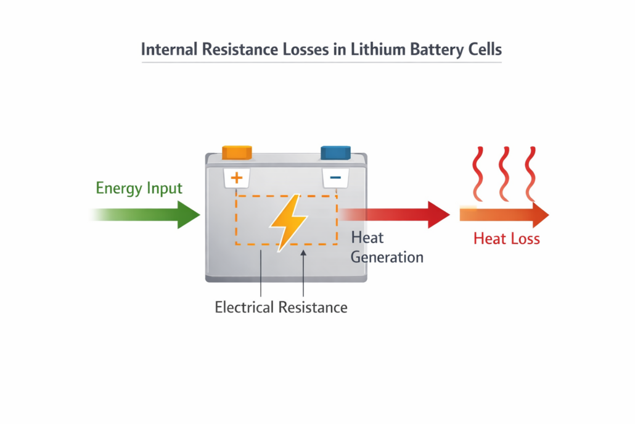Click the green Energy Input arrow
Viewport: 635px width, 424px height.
point(166,215)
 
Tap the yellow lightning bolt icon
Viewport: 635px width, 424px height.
point(287,222)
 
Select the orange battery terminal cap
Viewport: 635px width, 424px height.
point(237,152)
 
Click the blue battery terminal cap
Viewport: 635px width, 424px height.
point(335,152)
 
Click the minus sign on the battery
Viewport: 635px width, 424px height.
point(335,178)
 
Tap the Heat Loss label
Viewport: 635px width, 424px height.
point(506,239)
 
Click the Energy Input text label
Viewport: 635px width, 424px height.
point(139,188)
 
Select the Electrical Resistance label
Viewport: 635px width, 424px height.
point(281,307)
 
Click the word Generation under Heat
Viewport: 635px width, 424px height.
point(387,257)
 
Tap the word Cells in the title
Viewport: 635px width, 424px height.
point(485,49)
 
